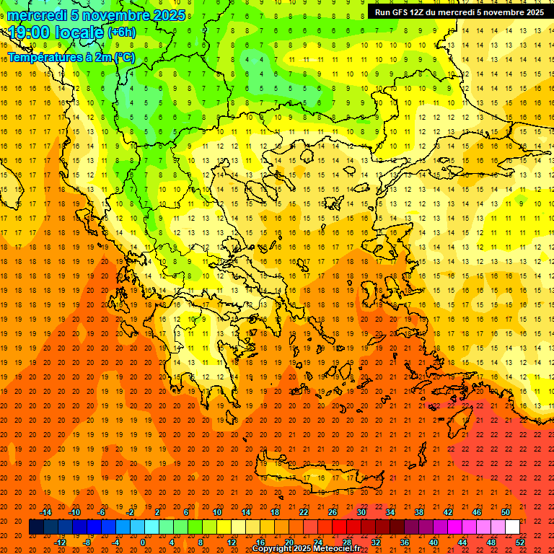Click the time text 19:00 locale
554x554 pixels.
click(x=56, y=32)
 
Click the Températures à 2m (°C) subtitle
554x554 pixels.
click(x=71, y=57)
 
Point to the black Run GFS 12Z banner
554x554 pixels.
click(x=460, y=12)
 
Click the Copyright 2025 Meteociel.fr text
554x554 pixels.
click(x=306, y=549)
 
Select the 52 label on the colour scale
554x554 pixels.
click(x=520, y=542)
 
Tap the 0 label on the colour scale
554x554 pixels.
click(x=143, y=542)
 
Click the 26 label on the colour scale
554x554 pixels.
click(x=333, y=512)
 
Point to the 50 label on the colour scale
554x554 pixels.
click(x=506, y=512)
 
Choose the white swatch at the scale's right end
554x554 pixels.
click(x=512, y=527)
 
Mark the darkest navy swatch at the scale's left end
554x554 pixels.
click(x=36, y=527)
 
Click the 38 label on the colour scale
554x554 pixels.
click(x=419, y=512)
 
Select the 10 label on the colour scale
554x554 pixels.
click(x=217, y=512)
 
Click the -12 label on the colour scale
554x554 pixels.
click(x=60, y=542)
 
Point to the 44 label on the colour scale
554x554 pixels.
click(x=462, y=542)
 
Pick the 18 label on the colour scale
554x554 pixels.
click(x=275, y=512)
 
